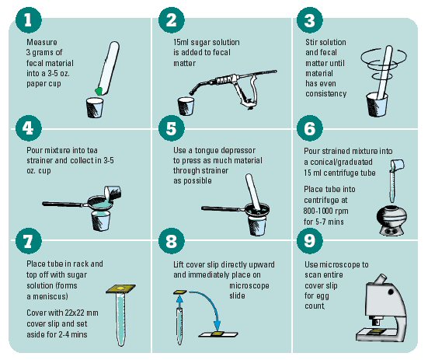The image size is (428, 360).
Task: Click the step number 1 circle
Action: coord(29,20)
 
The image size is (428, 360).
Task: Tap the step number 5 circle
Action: coord(171,128)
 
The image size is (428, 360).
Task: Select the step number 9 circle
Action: coord(309,241)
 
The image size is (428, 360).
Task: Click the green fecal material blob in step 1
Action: coord(99,91)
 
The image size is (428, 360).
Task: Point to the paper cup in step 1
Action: coord(95,107)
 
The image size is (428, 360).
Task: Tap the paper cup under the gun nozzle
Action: coord(186,106)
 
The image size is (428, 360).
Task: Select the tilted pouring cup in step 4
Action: coord(113,193)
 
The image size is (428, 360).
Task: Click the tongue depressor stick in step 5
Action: coord(253,192)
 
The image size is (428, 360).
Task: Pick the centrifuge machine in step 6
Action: coord(391,221)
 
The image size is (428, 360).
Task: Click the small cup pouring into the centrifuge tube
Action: coord(398,166)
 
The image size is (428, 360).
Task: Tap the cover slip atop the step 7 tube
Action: coord(120,289)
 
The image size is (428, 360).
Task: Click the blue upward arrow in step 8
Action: coord(179,301)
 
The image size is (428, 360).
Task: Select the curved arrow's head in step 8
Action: coord(217,325)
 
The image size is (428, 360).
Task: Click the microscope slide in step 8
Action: coord(218,334)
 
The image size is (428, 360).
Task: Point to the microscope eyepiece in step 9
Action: coord(380,279)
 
